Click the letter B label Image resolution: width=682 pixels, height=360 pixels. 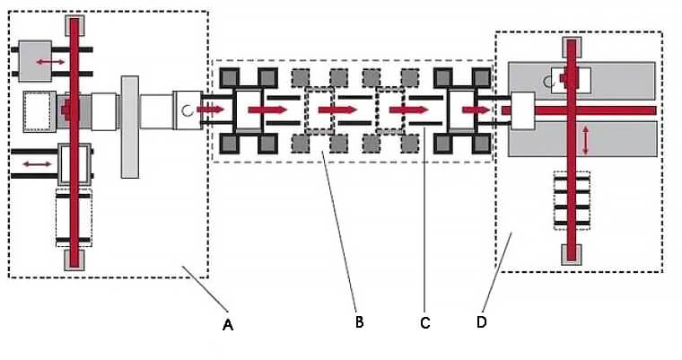point(358,321)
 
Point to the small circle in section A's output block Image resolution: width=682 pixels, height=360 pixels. point(187,110)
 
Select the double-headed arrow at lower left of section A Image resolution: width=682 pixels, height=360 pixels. point(37,163)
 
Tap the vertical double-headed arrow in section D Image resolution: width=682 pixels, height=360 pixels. point(587,139)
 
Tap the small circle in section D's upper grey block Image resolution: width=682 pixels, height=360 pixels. point(548,81)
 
